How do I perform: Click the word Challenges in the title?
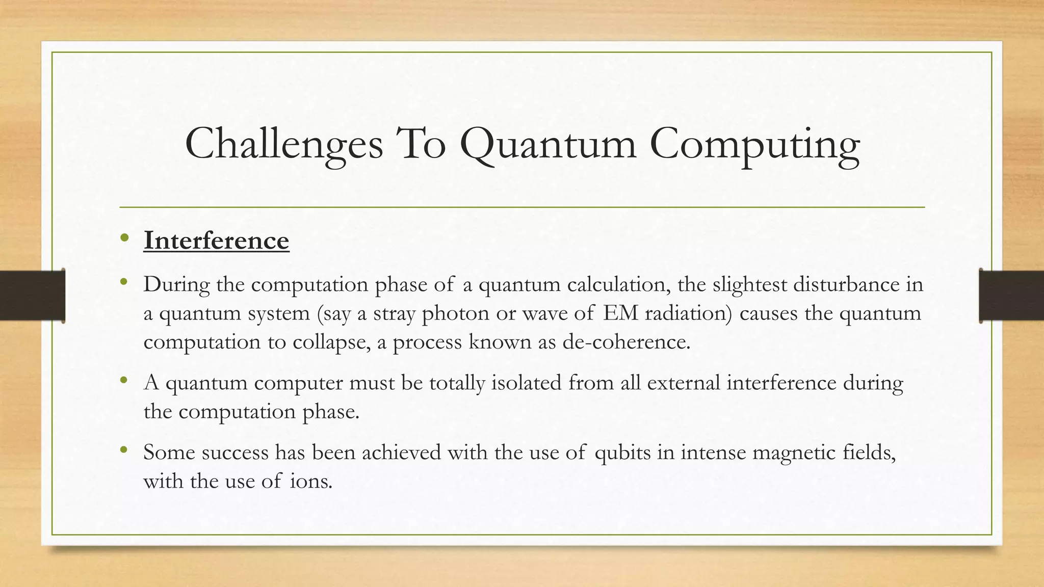coord(283,144)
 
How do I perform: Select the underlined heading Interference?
coord(216,241)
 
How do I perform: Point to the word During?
coord(176,284)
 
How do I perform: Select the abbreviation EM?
coord(620,313)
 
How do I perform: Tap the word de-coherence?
coord(626,342)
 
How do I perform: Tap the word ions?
coord(311,481)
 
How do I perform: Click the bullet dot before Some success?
coord(124,450)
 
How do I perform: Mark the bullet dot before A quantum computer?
coord(124,380)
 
